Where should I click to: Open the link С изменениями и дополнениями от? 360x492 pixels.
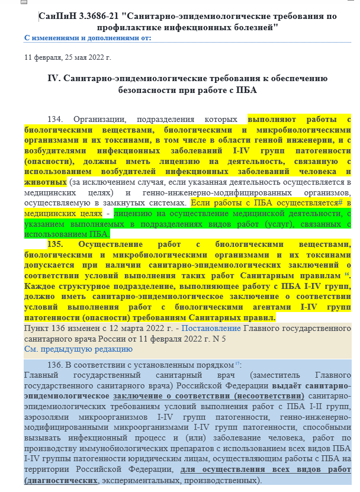(x=88, y=37)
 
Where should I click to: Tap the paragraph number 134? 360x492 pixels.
(x=59, y=119)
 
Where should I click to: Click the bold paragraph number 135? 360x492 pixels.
(x=59, y=244)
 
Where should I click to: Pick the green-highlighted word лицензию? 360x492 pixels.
(x=133, y=213)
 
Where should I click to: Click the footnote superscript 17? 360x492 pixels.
(x=237, y=363)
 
